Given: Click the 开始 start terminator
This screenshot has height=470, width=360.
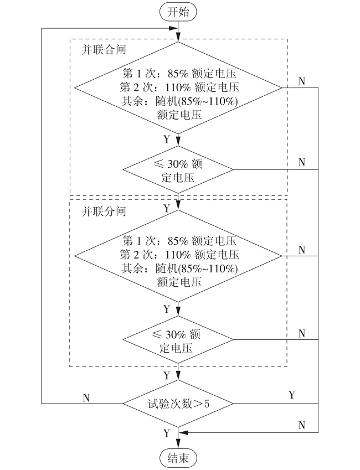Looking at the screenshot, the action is (178, 13).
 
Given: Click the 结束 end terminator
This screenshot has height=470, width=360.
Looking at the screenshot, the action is (178, 458).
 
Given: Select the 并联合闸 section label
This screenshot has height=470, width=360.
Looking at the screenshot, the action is (104, 50).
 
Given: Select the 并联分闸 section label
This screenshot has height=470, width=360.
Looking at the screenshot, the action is (104, 211).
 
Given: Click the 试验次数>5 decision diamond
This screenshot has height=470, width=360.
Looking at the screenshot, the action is (178, 404).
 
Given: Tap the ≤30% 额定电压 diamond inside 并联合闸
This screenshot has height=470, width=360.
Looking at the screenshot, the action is (178, 169).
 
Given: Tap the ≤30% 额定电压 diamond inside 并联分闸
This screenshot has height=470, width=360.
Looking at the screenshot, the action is (178, 339).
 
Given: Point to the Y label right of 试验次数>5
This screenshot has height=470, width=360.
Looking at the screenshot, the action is (291, 395).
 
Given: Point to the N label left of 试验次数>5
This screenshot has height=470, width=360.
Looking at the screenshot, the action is (86, 398).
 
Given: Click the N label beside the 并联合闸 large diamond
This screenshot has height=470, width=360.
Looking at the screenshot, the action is (301, 81).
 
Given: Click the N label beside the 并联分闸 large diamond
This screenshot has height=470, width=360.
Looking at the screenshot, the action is (301, 250).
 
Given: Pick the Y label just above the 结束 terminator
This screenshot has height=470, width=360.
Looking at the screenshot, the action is (167, 433).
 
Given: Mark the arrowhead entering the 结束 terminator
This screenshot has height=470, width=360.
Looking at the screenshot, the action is (178, 445).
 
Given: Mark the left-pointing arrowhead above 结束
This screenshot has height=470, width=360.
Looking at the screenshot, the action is (183, 432).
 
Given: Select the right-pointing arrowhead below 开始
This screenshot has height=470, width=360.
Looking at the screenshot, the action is (173, 28).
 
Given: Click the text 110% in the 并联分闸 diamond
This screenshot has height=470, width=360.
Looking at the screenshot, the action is (178, 255).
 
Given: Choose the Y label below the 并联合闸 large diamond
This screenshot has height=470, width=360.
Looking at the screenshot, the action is (167, 140).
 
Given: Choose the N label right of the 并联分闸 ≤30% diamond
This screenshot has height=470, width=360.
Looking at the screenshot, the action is (301, 333).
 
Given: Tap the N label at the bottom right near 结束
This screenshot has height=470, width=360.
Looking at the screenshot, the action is (301, 425).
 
